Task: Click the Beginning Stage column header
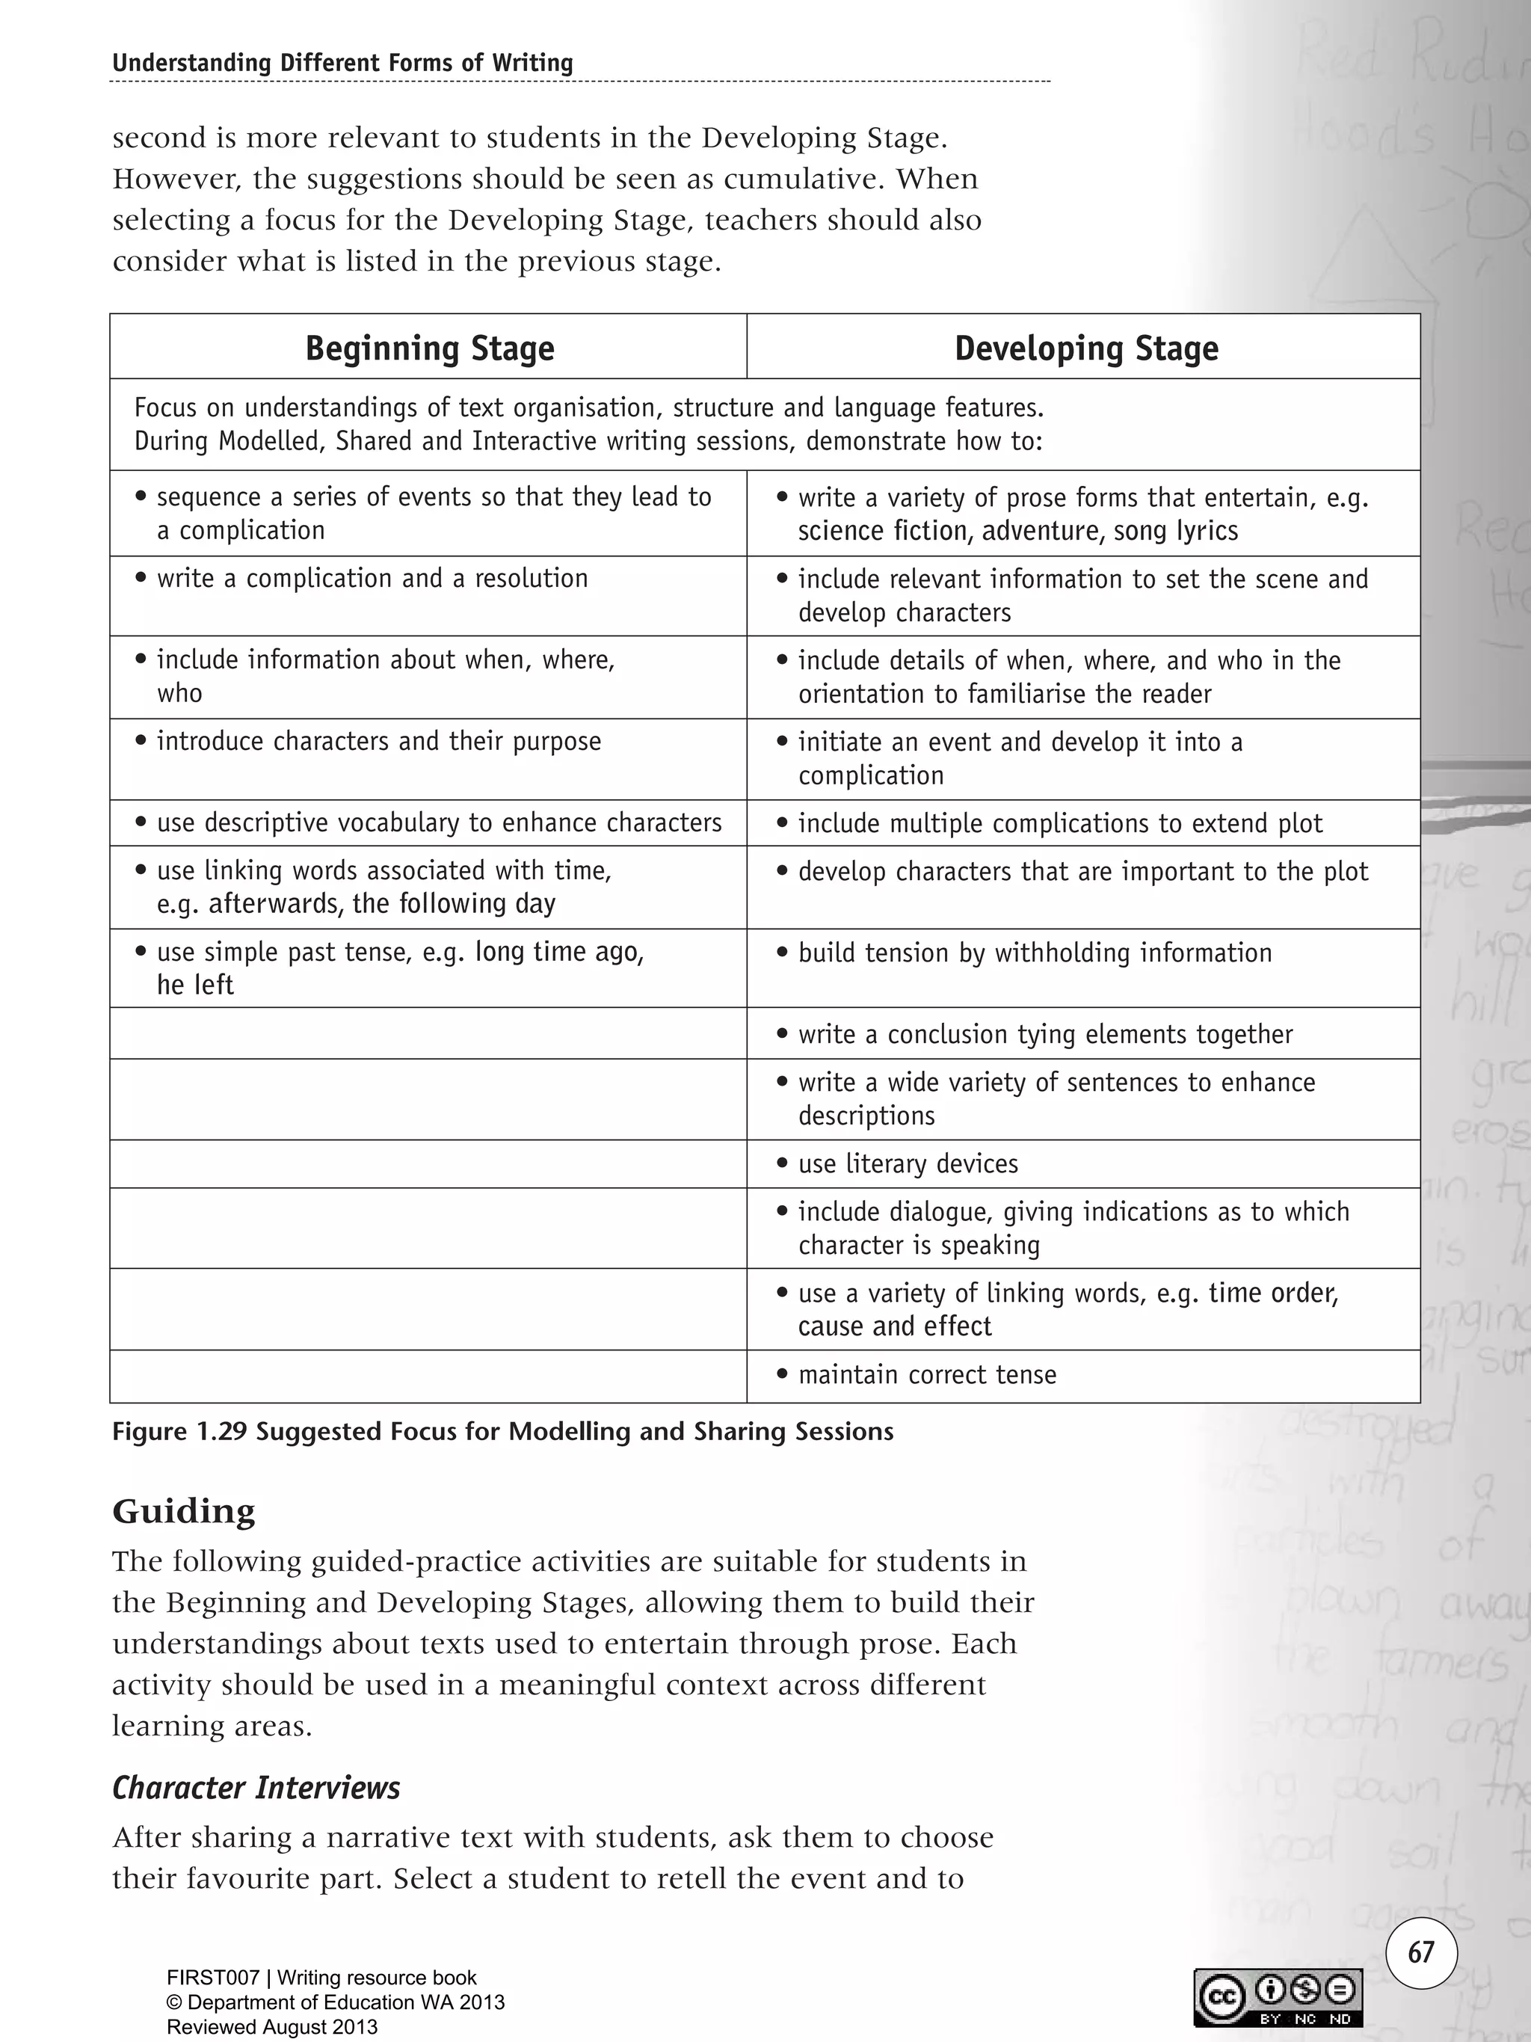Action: click(429, 348)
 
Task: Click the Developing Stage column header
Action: click(1085, 348)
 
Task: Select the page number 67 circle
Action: click(1421, 1952)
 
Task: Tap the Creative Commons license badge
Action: click(1278, 1998)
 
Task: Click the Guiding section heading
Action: click(184, 1511)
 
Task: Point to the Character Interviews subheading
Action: click(256, 1788)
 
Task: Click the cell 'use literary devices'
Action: click(908, 1163)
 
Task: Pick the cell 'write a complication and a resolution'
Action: click(372, 579)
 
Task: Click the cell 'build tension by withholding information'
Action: click(1035, 953)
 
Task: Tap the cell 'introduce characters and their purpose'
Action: click(378, 741)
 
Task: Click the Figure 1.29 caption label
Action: click(502, 1432)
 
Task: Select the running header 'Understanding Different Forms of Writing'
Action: click(342, 63)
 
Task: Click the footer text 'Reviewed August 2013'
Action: click(272, 2027)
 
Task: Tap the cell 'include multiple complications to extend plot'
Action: click(1059, 823)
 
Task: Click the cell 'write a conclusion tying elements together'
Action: click(1044, 1034)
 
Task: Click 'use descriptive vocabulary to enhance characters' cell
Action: click(440, 822)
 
